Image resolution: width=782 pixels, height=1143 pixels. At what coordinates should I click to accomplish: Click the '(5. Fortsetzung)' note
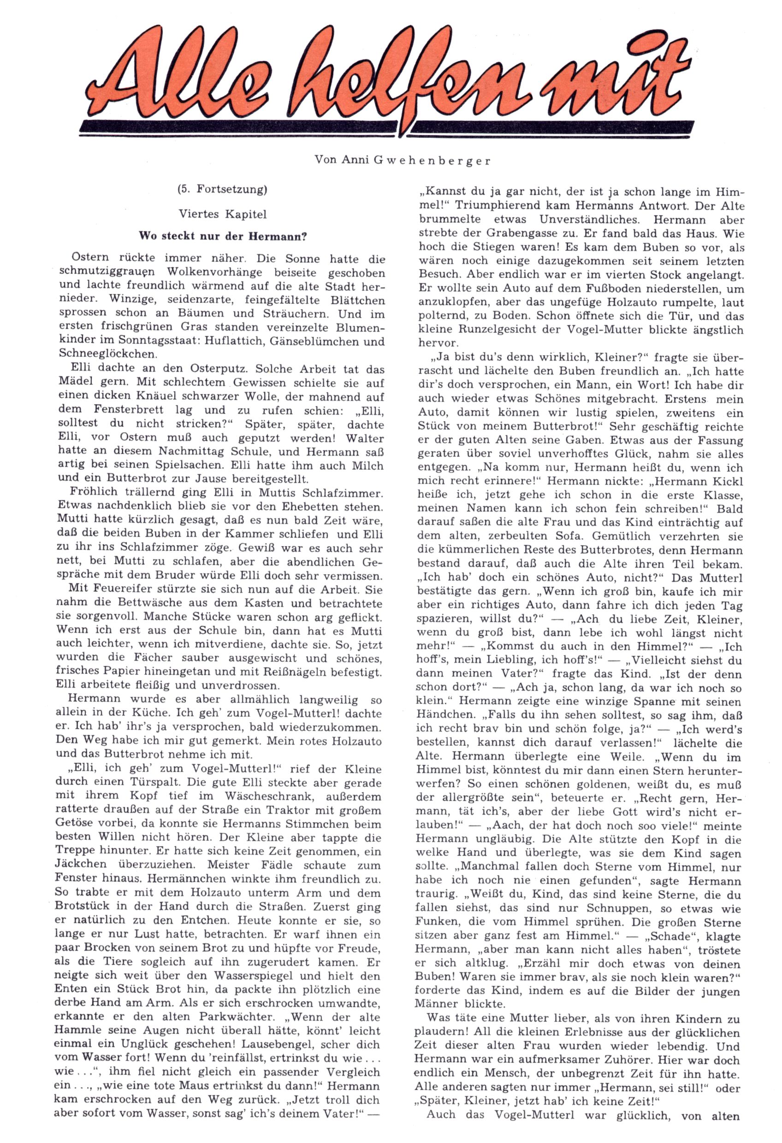coord(222,189)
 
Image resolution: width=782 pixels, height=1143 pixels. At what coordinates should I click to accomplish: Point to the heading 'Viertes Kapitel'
coord(222,214)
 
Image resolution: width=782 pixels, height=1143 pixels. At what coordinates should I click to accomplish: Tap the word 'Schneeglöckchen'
coord(101,353)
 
